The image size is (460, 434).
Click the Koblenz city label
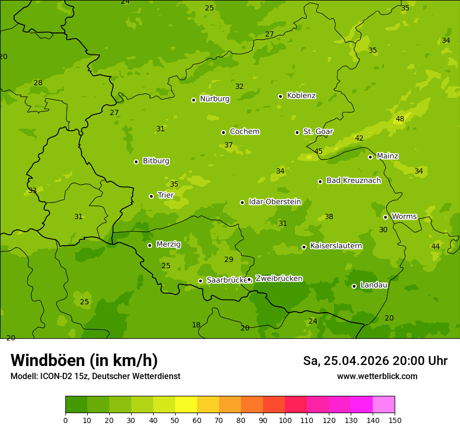click(x=301, y=96)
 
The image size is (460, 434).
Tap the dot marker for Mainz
click(x=370, y=157)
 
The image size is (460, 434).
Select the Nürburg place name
click(x=214, y=99)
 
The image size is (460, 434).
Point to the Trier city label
click(x=166, y=195)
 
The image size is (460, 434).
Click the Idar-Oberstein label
click(x=274, y=202)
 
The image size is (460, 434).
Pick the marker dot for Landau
click(x=354, y=286)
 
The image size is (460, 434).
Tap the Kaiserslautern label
click(x=336, y=246)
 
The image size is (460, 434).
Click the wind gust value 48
click(x=400, y=119)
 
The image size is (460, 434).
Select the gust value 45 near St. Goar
click(x=318, y=152)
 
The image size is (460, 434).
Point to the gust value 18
click(x=196, y=325)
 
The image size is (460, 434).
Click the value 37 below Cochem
click(x=228, y=145)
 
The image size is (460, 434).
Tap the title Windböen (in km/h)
click(x=84, y=360)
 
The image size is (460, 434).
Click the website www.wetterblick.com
click(x=377, y=376)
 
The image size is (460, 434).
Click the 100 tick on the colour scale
click(x=285, y=420)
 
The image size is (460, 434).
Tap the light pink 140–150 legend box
click(x=384, y=405)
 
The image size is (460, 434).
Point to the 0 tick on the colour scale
click(x=65, y=420)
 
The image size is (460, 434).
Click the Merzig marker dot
click(x=149, y=245)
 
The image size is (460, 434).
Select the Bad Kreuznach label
click(x=353, y=180)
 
